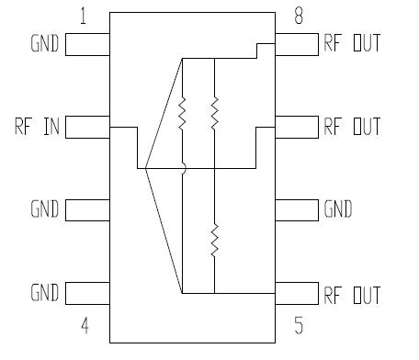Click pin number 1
pos(84,16)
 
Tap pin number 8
pos(299,16)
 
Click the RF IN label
pos(36,126)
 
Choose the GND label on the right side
pos(337,210)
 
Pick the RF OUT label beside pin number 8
pos(351,43)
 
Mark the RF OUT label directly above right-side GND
pos(351,126)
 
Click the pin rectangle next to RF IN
pos(87,126)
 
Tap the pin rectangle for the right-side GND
pos(297,210)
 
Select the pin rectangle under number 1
pos(87,43)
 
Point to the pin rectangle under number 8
pos(297,43)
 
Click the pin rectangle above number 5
pos(297,294)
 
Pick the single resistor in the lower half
pos(214,240)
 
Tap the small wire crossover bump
pos(183,168)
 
